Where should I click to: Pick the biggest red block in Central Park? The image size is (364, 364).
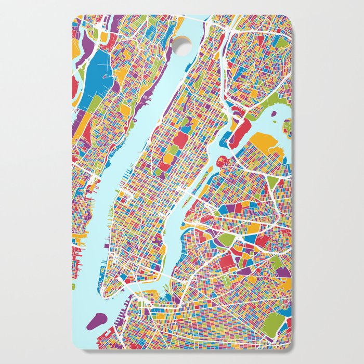[180, 139]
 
